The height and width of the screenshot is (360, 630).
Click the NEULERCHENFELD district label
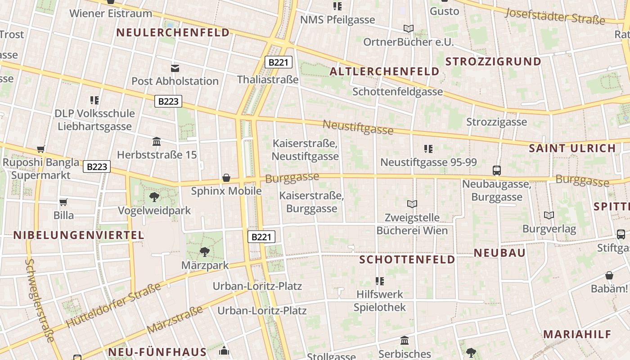173,32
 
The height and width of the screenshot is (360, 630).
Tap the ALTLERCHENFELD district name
384,72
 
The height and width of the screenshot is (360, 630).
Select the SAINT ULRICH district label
572,148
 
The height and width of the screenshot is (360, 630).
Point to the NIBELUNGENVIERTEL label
79,235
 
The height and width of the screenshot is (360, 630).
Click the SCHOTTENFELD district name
407,260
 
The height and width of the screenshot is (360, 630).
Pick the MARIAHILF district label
577,334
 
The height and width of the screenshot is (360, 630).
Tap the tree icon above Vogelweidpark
154,197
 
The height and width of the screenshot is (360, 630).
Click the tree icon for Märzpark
205,252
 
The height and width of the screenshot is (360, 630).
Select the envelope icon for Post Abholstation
175,68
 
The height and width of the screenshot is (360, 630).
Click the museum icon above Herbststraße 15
157,142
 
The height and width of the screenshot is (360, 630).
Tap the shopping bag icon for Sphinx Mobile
226,178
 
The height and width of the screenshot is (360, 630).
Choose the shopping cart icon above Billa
63,202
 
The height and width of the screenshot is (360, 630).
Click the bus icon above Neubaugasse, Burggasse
497,171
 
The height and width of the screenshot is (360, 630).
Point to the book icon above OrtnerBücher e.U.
408,29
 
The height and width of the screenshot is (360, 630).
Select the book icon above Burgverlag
549,216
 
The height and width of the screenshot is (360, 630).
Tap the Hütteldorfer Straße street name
113,305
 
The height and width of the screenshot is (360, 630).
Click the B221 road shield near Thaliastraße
278,62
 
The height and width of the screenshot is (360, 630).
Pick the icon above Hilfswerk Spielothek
380,281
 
